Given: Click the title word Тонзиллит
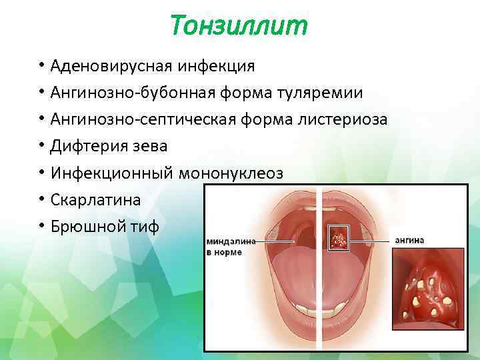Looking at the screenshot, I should (239, 26).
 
